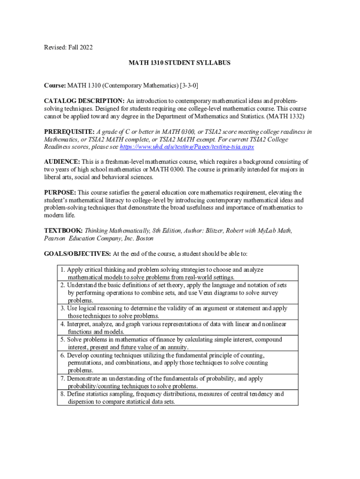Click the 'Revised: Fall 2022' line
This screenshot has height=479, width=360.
(68, 47)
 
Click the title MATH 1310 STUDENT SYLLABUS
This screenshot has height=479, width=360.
(180, 62)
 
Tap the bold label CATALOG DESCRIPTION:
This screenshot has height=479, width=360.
(84, 101)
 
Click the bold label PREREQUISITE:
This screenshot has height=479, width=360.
(69, 132)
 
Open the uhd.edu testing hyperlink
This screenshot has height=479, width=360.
(187, 147)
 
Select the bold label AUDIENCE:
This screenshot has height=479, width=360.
(62, 162)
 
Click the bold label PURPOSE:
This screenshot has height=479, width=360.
(60, 193)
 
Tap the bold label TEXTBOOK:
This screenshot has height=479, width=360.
(64, 231)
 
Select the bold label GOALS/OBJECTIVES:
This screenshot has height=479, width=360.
(77, 254)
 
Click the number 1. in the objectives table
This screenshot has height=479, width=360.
(63, 269)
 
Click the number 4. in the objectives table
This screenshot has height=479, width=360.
(63, 324)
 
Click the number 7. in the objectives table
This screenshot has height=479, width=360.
(63, 378)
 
